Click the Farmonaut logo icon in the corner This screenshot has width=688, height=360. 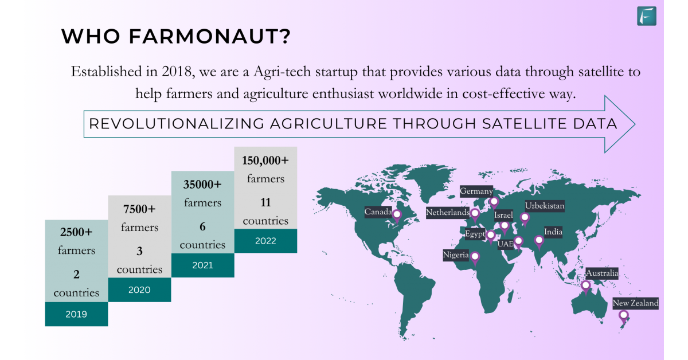point(647,15)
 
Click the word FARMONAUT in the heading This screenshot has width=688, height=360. point(210,36)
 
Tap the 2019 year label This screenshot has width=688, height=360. point(76,314)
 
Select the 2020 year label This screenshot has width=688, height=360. point(139,289)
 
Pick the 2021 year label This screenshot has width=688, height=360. point(203,265)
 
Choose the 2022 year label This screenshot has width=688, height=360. point(265,241)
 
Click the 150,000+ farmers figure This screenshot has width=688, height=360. point(265,161)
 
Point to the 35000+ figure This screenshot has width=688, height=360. point(202,185)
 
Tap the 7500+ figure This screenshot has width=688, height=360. point(139,209)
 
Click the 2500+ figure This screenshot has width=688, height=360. point(76,232)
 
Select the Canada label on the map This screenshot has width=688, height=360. point(378,212)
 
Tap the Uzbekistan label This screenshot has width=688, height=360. point(545,205)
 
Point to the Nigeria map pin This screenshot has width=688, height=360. point(475,259)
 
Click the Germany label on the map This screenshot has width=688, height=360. point(476,191)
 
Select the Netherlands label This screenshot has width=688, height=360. point(448,212)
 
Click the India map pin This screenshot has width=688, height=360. point(539,242)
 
